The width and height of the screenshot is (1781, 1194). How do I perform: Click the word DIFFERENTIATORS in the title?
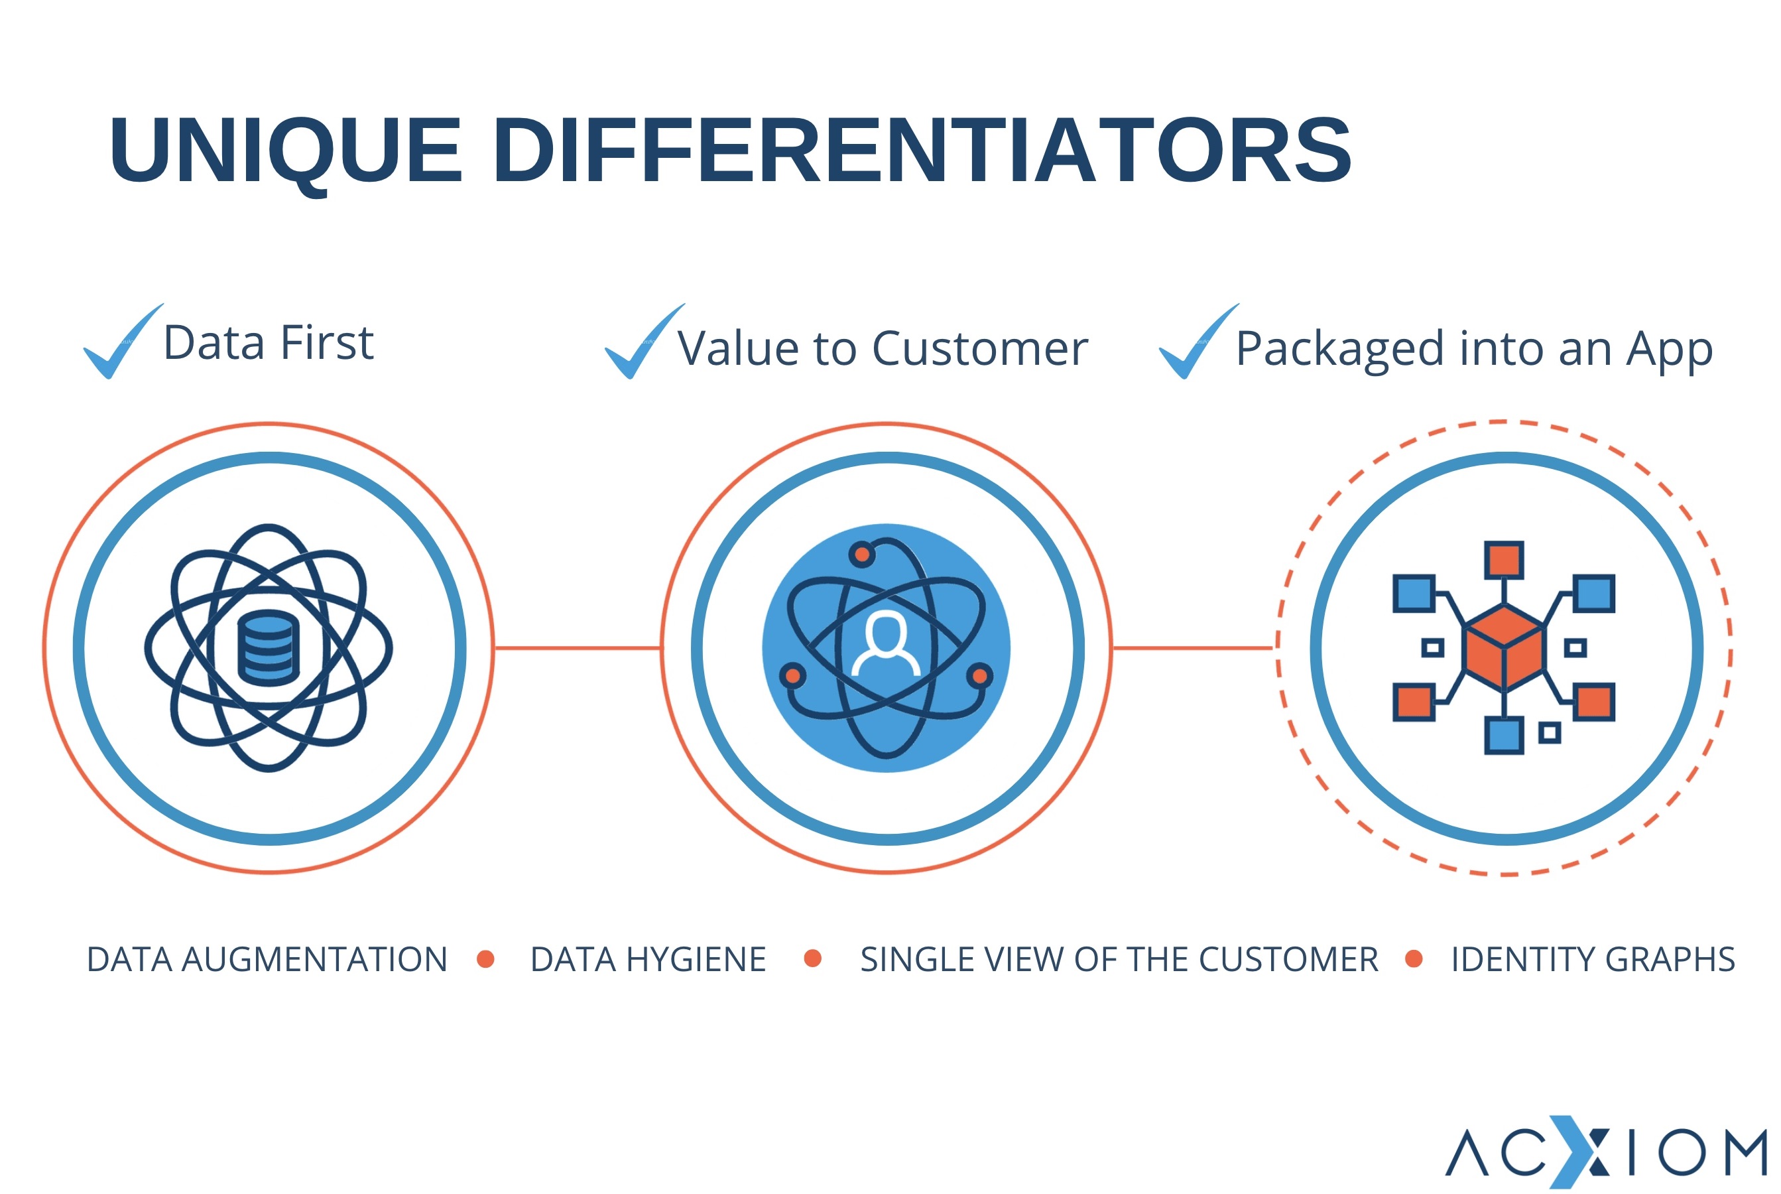click(x=922, y=150)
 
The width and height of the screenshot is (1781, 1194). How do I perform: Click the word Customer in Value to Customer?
click(x=980, y=349)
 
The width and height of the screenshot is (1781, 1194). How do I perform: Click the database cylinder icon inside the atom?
click(x=269, y=648)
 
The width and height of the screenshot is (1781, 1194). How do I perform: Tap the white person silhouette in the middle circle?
click(x=886, y=644)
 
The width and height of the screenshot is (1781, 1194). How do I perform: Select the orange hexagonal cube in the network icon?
click(x=1504, y=648)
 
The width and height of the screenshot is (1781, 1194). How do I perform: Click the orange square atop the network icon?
click(x=1504, y=560)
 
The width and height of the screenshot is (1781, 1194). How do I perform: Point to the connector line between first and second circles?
click(x=578, y=648)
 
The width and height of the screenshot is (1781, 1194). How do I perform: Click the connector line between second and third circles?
click(x=1193, y=648)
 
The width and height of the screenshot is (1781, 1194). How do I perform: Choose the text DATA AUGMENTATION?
click(x=267, y=959)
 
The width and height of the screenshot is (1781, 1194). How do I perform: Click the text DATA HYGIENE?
click(x=648, y=959)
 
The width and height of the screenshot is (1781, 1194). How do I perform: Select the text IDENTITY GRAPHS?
click(x=1593, y=959)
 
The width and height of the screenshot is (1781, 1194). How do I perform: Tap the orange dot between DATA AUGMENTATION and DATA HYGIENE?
click(x=485, y=959)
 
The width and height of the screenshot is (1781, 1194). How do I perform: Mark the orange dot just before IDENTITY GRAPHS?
click(x=1414, y=959)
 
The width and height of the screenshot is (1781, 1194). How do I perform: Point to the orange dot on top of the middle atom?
click(x=863, y=555)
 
